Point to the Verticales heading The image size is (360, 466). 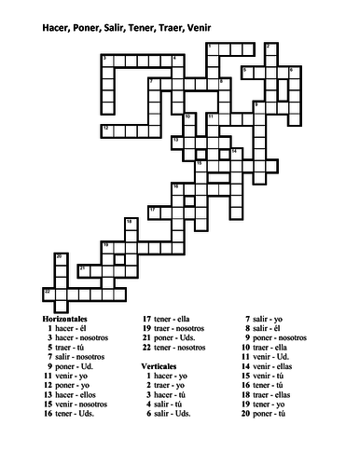[x=161, y=366]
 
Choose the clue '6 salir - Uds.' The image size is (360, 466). [x=171, y=413]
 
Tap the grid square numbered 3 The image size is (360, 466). [x=105, y=61]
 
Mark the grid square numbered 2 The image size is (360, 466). [x=270, y=48]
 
